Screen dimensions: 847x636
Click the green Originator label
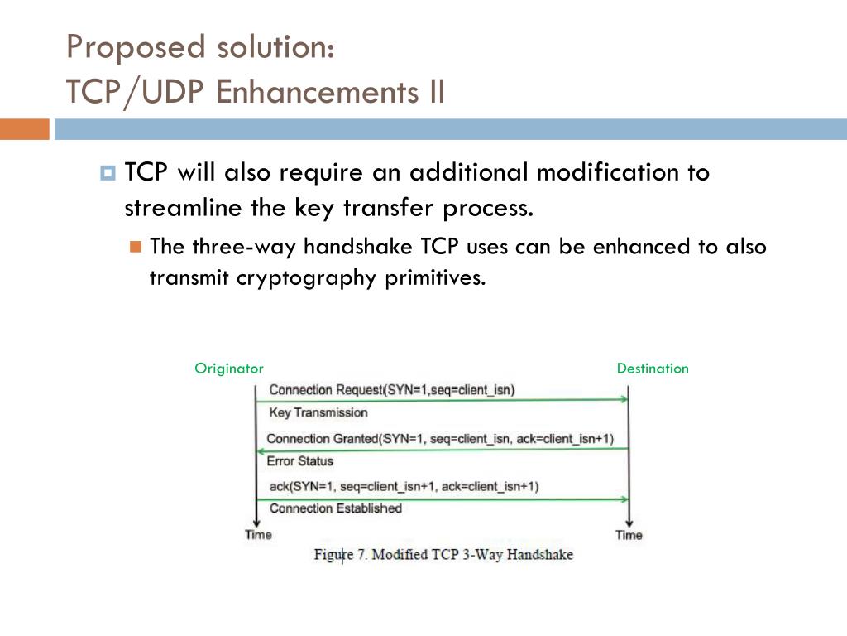pos(229,369)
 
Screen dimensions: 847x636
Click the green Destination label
pos(653,369)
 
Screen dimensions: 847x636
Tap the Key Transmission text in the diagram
pos(318,412)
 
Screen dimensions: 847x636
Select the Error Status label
pos(299,461)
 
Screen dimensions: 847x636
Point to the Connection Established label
pos(335,508)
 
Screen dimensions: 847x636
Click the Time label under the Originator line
pos(258,535)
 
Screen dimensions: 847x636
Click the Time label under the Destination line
pos(629,535)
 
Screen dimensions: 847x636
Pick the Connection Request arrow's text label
pos(391,390)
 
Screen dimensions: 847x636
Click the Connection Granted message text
pos(440,438)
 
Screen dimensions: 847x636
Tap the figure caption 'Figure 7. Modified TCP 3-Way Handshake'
pos(443,555)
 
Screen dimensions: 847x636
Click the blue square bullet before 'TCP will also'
pos(108,174)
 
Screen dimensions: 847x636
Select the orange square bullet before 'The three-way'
pos(136,247)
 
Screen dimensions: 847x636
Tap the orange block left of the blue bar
pos(24,129)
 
